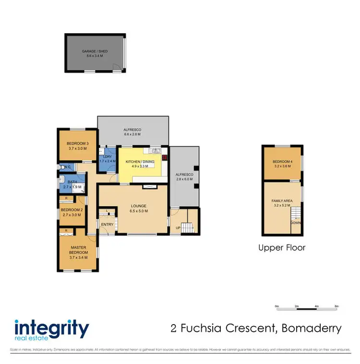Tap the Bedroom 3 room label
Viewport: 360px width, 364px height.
pos(78,144)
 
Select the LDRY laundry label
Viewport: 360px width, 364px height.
pos(108,157)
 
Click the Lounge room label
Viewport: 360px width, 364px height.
pos(139,206)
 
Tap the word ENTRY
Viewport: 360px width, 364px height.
pos(107,224)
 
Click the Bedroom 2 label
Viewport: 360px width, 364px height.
pos(72,210)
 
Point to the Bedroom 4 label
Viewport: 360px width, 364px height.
pos(282,162)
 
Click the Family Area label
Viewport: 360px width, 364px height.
pos(282,200)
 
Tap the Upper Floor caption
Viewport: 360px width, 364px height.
pos(282,248)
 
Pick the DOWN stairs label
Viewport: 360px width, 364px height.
pos(296,223)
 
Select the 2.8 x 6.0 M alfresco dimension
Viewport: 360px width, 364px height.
pos(184,179)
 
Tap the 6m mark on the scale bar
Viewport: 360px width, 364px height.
pos(336,306)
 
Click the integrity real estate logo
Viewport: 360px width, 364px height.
pos(52,330)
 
